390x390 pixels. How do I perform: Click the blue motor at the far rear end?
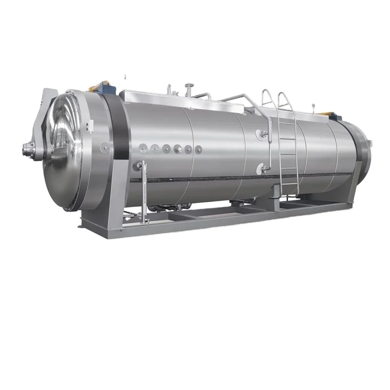(337, 116)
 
